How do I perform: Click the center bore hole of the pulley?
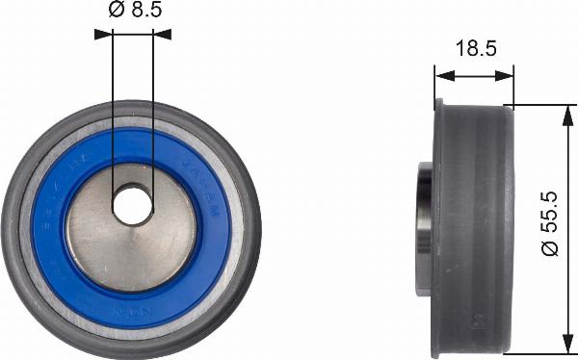(x=132, y=203)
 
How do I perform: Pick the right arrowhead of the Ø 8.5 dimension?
(x=164, y=33)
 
